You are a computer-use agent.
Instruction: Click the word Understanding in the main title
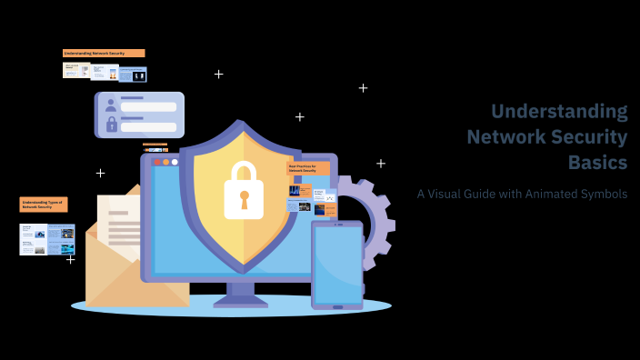coord(558,112)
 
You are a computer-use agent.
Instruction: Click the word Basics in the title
coord(597,163)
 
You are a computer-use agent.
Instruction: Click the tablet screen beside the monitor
coord(337,264)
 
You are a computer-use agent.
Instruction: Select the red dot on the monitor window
coord(156,162)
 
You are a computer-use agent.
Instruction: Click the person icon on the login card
coord(112,104)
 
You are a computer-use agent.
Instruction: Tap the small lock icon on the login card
coord(112,124)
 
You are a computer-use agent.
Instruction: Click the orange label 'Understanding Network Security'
coord(104,54)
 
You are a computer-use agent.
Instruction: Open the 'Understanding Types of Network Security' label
coord(44,205)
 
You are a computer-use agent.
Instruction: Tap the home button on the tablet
coord(337,306)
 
